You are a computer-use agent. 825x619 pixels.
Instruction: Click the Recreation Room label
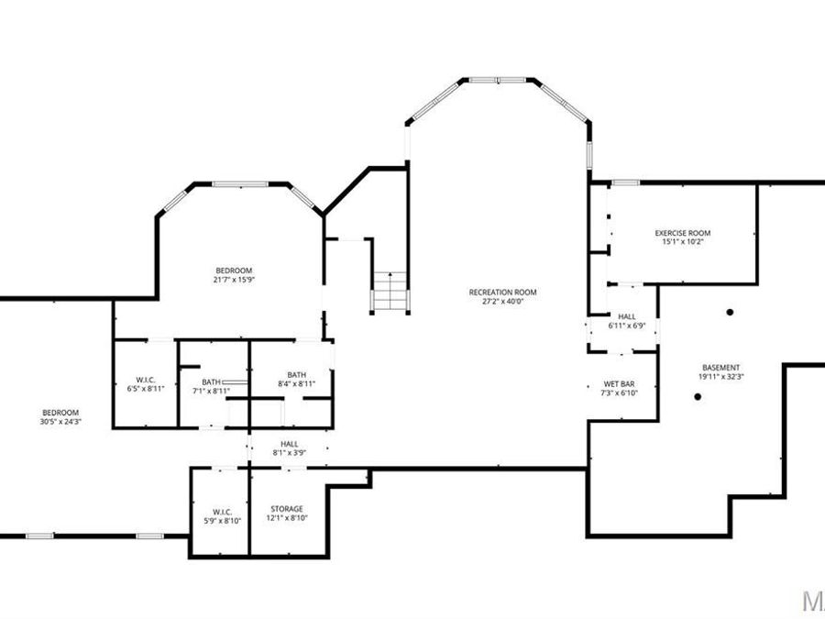[x=502, y=293]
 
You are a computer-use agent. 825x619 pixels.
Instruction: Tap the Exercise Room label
[x=682, y=233]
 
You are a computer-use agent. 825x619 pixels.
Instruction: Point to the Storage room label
[x=286, y=509]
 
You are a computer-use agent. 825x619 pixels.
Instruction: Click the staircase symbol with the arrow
[x=390, y=292]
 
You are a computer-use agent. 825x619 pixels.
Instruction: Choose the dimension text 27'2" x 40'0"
[x=502, y=302]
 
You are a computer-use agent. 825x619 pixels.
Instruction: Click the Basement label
[x=720, y=368]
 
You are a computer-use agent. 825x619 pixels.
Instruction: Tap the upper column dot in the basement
[x=730, y=313]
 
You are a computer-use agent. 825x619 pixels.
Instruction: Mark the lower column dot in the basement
[x=698, y=396]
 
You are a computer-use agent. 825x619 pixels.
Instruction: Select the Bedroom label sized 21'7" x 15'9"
[x=234, y=270]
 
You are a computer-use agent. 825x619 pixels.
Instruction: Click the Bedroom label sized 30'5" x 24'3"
[x=60, y=413]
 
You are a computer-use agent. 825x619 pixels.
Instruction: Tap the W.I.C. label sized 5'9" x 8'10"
[x=221, y=512]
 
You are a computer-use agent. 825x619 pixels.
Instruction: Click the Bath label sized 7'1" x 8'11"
[x=212, y=381]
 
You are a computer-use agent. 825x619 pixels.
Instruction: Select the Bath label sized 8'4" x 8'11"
[x=296, y=374]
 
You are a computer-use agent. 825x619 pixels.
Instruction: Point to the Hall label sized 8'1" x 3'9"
[x=289, y=444]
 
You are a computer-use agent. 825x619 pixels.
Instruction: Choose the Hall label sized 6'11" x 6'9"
[x=627, y=316]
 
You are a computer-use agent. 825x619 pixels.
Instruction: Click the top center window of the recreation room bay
[x=498, y=81]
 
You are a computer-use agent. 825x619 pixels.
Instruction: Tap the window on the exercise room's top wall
[x=625, y=182]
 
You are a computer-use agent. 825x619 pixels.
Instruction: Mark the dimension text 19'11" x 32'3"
[x=720, y=377]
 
